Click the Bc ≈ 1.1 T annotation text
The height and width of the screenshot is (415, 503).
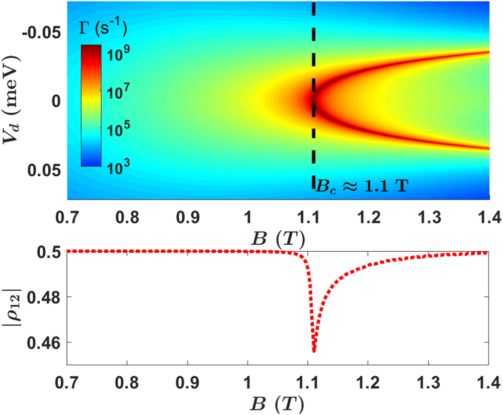click(x=361, y=185)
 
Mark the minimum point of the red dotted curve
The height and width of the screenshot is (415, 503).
click(x=314, y=351)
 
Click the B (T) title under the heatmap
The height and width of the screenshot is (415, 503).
click(x=278, y=237)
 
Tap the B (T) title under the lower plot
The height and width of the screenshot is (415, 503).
click(x=278, y=403)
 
